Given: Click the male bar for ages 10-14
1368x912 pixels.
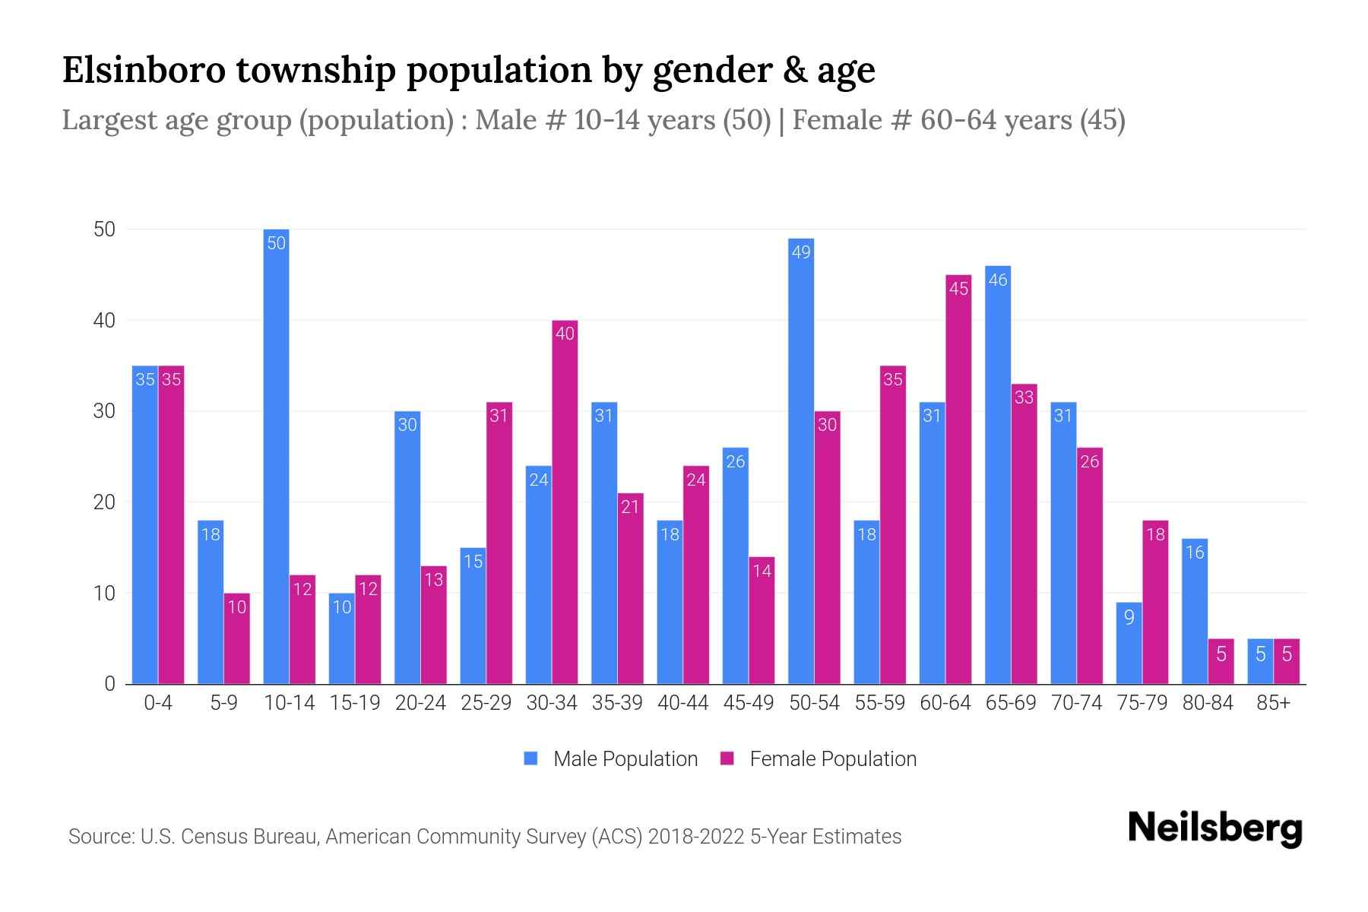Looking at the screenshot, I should click(276, 456).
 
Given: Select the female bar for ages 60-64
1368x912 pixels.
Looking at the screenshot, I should click(958, 479).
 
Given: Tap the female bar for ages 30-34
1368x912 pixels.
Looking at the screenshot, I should click(565, 502).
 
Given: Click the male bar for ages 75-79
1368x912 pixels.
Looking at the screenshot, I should click(1129, 643).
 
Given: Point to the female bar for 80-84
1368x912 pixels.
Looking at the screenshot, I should click(1221, 661).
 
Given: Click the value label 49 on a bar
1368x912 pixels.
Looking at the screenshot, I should click(801, 252).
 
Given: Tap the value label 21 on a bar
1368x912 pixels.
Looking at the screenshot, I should click(630, 507).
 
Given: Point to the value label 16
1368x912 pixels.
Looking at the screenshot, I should click(1195, 553).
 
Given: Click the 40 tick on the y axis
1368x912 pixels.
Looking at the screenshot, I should click(104, 321).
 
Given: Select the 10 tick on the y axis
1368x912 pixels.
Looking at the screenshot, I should click(104, 594).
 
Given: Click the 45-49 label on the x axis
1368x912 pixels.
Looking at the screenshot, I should click(748, 703).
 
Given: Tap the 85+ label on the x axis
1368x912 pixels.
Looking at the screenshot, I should click(1273, 703).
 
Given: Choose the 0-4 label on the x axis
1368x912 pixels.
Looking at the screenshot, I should click(158, 703).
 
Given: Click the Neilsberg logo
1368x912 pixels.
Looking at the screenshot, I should click(1214, 828).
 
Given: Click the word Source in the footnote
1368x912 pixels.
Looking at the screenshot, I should click(100, 837).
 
